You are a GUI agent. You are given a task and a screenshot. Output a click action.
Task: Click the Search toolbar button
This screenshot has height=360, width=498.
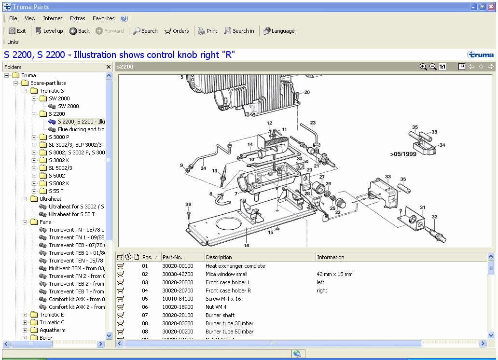[145, 31]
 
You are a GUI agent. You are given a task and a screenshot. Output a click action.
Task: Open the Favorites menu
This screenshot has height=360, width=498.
[104, 18]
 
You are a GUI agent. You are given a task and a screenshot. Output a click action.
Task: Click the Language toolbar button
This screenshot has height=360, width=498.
[279, 31]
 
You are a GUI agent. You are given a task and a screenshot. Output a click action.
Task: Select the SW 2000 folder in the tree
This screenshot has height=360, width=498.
[59, 98]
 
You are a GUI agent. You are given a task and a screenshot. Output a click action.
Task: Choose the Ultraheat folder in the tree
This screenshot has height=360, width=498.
[50, 199]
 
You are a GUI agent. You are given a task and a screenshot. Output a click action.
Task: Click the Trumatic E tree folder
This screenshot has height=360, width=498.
[52, 315]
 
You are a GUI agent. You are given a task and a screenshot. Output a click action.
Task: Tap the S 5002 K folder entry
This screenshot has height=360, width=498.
[59, 183]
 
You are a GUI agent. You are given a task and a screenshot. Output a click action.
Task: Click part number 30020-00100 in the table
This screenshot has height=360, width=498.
[178, 266]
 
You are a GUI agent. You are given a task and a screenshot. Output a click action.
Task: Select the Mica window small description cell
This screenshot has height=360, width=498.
[226, 274]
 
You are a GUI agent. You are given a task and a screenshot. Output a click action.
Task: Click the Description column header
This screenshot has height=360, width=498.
[219, 257]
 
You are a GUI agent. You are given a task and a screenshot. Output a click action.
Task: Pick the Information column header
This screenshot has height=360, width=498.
[331, 257]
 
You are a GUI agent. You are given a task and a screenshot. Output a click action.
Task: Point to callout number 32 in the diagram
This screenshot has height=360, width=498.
[435, 217]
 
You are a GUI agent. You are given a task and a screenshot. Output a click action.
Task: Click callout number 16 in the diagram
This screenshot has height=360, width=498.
[247, 245]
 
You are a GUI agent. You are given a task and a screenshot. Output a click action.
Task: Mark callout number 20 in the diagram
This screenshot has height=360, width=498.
[307, 92]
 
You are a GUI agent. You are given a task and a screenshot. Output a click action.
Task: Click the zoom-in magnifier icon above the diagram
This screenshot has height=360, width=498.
[423, 67]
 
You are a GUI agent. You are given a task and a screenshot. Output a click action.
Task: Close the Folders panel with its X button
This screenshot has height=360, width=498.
[109, 67]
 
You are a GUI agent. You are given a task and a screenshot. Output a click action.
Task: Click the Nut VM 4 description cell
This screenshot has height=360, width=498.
[216, 307]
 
